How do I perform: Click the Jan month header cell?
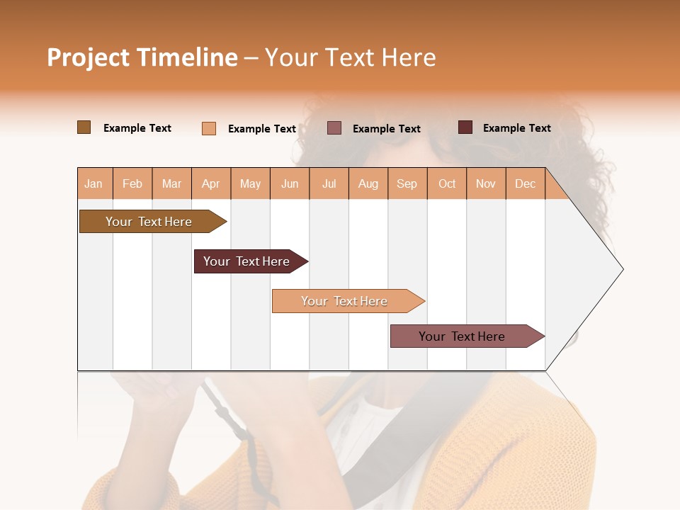pyautogui.click(x=94, y=183)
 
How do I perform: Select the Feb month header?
pyautogui.click(x=132, y=183)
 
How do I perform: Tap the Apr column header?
pyautogui.click(x=211, y=183)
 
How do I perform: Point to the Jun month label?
pyautogui.click(x=290, y=183)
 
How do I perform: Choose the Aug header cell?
pyautogui.click(x=368, y=183)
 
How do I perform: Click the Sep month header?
pyautogui.click(x=407, y=183)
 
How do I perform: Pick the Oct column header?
pyautogui.click(x=447, y=183)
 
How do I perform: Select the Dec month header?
pyautogui.click(x=526, y=183)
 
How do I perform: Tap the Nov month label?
pyautogui.click(x=486, y=183)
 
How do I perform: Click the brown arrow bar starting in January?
pyautogui.click(x=149, y=222)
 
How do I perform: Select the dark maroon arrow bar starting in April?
pyautogui.click(x=247, y=261)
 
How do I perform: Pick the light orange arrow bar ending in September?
pyautogui.click(x=345, y=301)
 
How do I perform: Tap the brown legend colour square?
pyautogui.click(x=84, y=127)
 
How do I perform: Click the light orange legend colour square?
pyautogui.click(x=208, y=128)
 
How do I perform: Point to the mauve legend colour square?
pyautogui.click(x=334, y=128)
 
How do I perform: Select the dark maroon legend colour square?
pyautogui.click(x=465, y=127)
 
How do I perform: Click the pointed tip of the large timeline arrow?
pyautogui.click(x=621, y=269)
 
